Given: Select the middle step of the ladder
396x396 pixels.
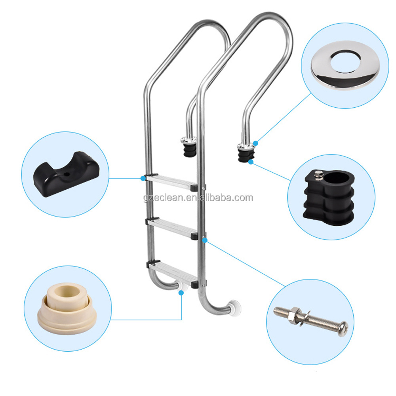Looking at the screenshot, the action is [x=172, y=227].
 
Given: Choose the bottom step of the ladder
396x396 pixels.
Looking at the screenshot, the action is [x=173, y=273].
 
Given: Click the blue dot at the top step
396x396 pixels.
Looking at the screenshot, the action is [x=143, y=178].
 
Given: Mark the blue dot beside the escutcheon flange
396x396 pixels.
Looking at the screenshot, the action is [x=255, y=143].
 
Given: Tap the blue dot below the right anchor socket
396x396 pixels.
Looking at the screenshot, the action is [x=251, y=162].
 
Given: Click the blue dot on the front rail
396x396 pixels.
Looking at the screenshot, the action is [x=205, y=240].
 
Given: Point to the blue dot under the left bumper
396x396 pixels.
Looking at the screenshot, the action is [x=181, y=293].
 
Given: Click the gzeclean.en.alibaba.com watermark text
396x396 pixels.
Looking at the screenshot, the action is [x=198, y=198].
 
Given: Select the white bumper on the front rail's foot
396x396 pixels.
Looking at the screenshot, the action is [x=234, y=308].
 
